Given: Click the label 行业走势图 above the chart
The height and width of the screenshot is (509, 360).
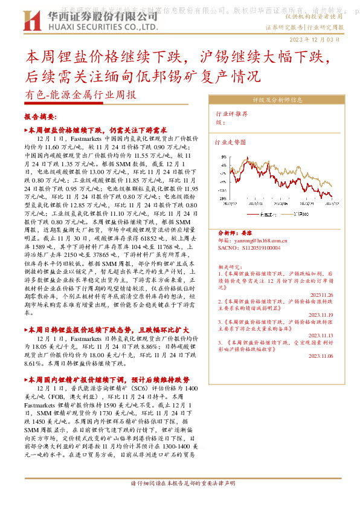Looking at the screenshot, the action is click(231, 143).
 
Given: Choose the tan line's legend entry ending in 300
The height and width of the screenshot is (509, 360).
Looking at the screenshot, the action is click(300, 213).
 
